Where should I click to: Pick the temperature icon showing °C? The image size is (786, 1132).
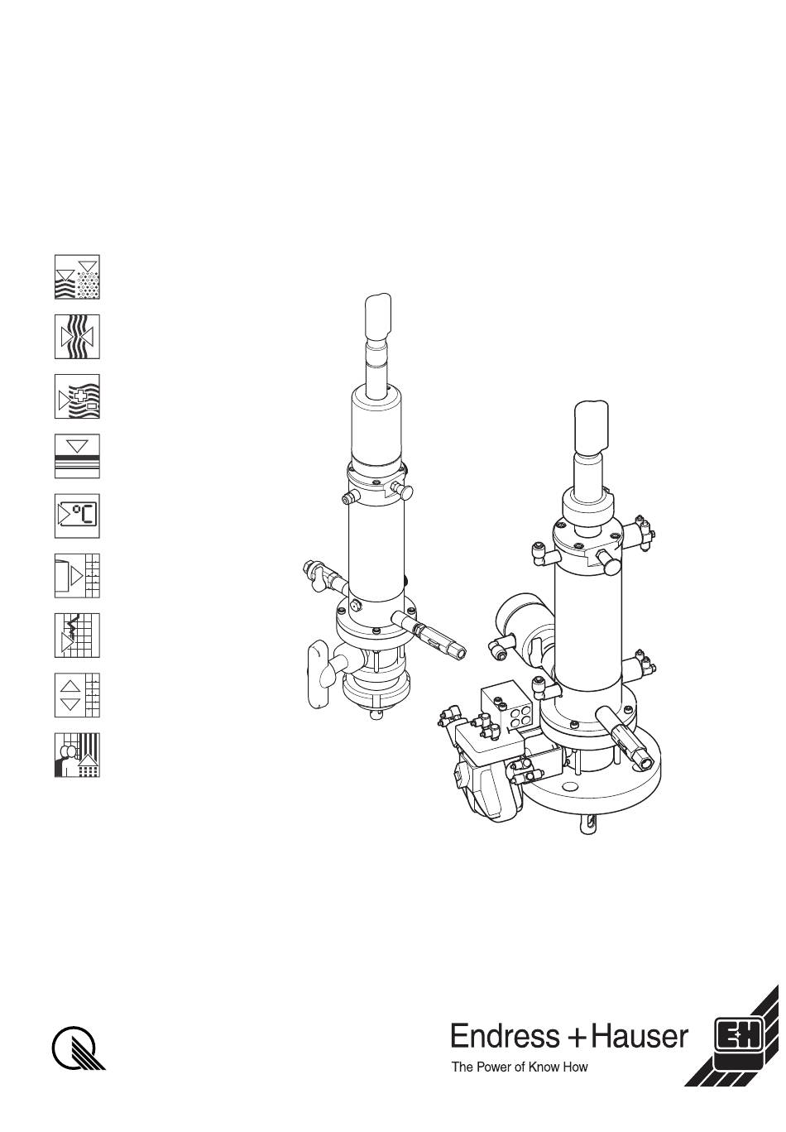pos(77,516)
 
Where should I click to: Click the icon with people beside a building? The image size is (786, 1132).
pos(77,755)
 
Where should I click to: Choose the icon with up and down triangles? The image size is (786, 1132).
pos(77,695)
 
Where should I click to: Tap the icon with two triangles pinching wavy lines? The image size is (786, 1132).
pos(77,337)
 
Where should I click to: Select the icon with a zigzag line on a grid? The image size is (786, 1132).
pos(77,636)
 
